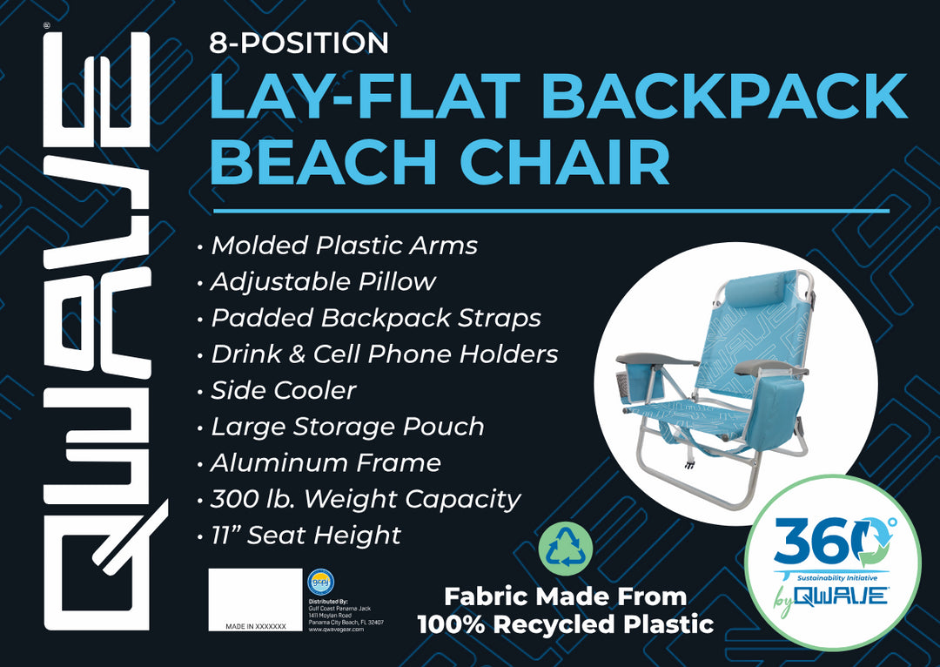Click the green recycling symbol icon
click(566, 549)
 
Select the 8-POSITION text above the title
click(299, 43)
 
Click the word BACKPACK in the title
click(724, 97)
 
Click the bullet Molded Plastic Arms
click(344, 246)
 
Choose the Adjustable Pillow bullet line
click(323, 282)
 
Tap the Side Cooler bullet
click(283, 390)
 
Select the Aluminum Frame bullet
click(326, 462)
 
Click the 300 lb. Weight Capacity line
click(365, 499)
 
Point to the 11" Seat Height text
click(305, 535)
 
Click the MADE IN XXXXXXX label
click(255, 626)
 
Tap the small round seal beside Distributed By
click(321, 582)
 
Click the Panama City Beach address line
click(346, 622)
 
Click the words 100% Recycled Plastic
click(566, 623)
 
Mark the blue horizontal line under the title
click(550, 211)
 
